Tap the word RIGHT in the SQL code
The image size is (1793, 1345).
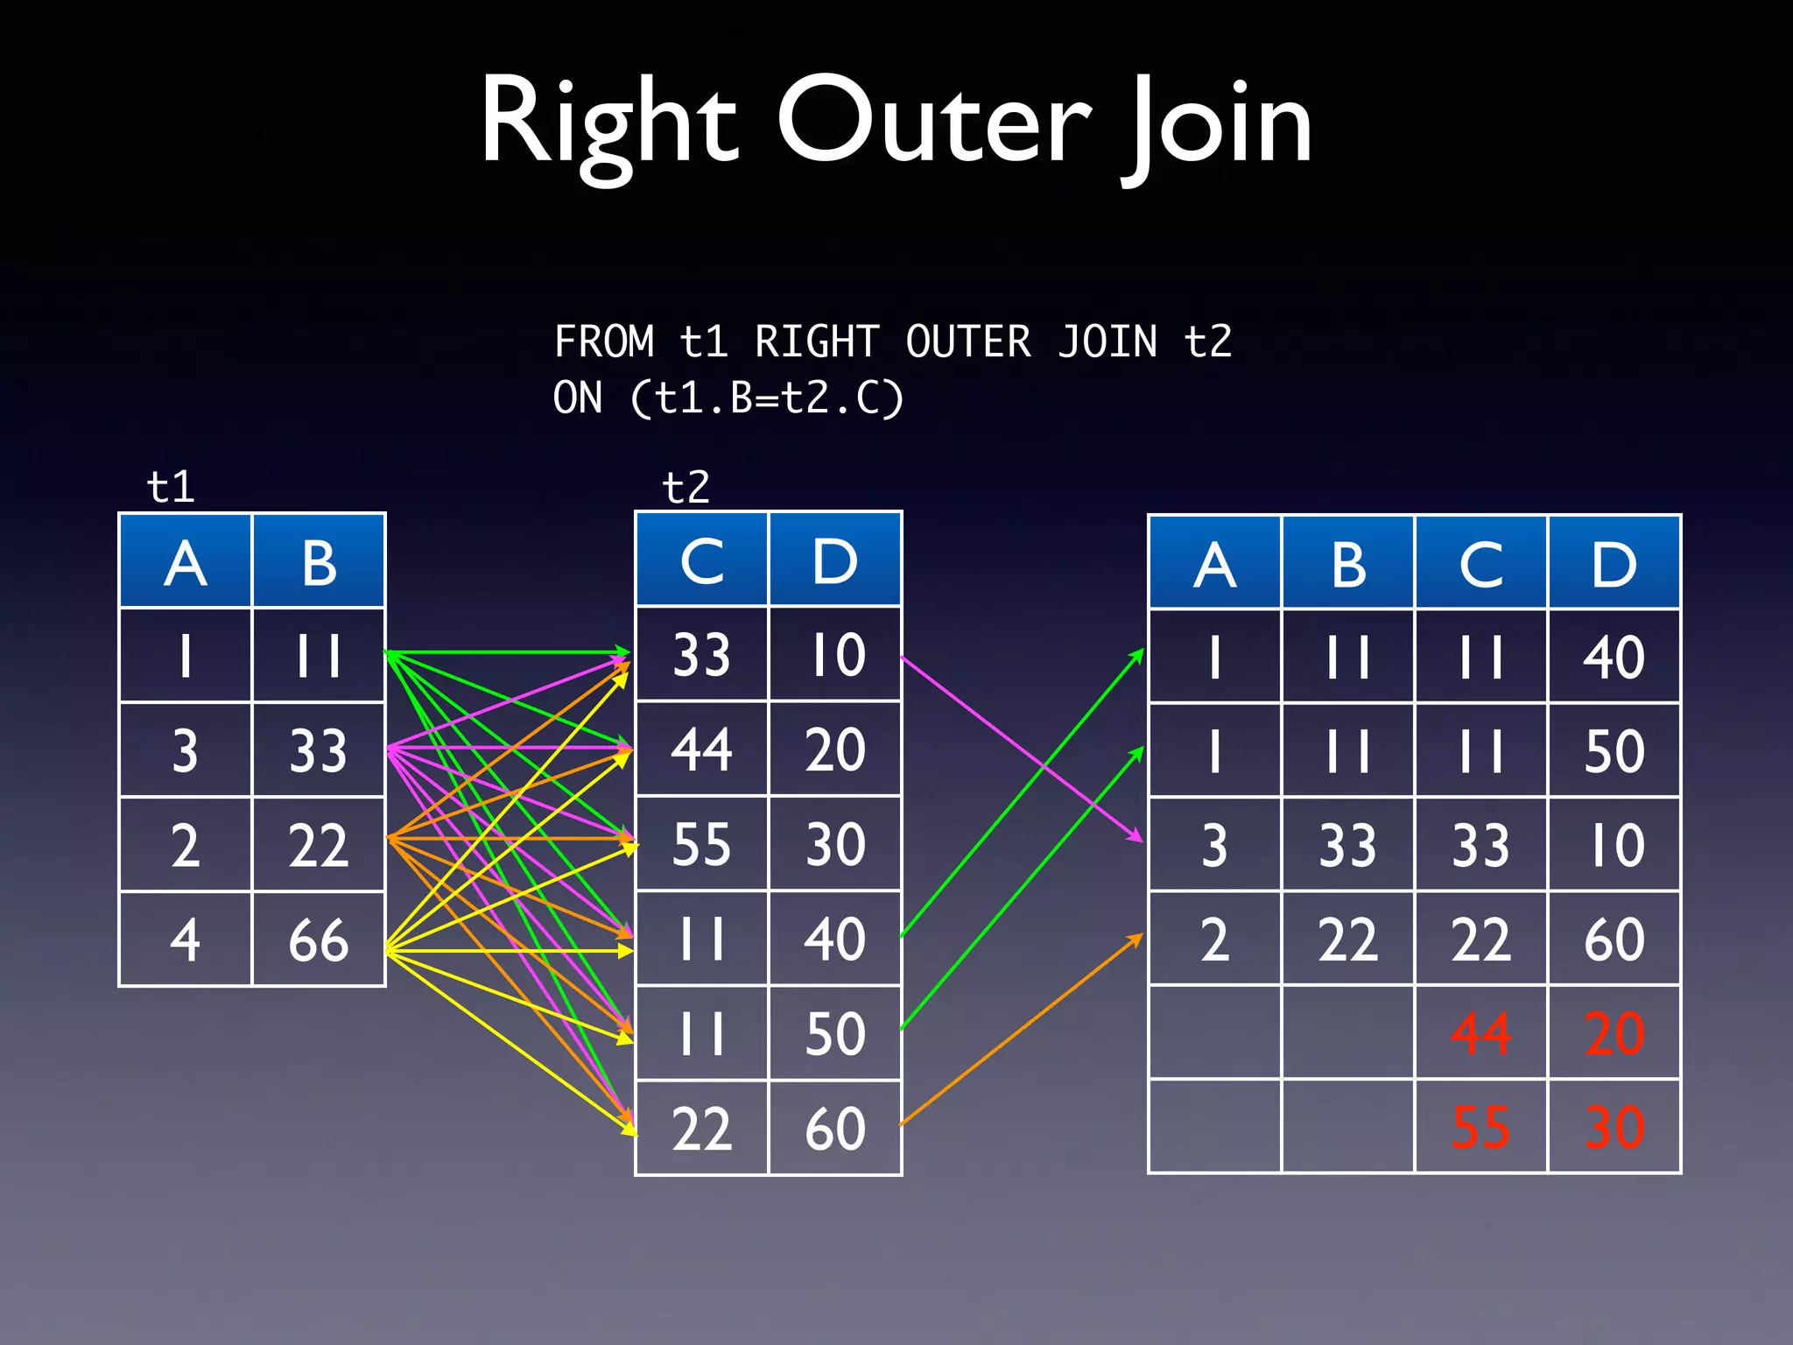click(816, 342)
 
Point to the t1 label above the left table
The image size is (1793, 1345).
click(171, 487)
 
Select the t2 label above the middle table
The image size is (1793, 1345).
click(686, 487)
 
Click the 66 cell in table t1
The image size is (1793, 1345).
click(319, 940)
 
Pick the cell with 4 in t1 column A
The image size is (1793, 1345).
click(185, 940)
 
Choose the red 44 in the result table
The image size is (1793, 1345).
click(1480, 1033)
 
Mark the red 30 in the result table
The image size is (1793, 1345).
click(1614, 1127)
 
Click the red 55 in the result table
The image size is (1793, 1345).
click(1480, 1127)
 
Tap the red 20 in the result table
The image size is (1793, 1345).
click(1614, 1033)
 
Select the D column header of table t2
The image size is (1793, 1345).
click(834, 560)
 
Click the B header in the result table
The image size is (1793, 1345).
click(1348, 564)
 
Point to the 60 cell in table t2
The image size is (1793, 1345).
click(834, 1128)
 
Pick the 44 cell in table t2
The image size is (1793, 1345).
click(701, 750)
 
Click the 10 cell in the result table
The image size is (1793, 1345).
click(1614, 845)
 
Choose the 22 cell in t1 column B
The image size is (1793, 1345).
click(319, 845)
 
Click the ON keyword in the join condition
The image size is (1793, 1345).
click(578, 398)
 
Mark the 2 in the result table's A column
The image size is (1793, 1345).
click(1214, 940)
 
